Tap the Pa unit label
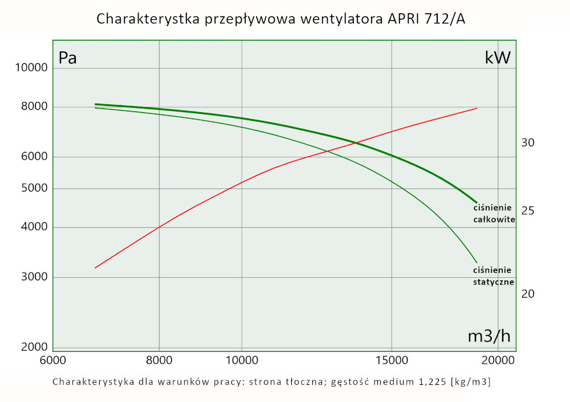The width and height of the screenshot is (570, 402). pos(67,58)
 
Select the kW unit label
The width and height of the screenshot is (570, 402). pos(497,58)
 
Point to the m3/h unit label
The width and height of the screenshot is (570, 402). pos(488,336)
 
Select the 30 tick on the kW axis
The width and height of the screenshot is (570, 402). pos(528,142)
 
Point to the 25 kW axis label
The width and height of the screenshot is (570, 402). pos(528,211)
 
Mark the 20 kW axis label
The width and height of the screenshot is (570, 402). pos(528,294)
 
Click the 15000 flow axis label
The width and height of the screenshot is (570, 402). pos(392,361)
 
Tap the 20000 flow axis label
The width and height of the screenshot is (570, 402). pos(498,361)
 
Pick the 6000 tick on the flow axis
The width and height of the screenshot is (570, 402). pos(52,361)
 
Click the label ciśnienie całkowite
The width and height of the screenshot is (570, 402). pos(494,213)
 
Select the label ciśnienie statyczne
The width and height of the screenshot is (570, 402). pos(494,276)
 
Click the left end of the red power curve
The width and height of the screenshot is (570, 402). pos(95,268)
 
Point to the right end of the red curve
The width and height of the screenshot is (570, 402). pos(477,108)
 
